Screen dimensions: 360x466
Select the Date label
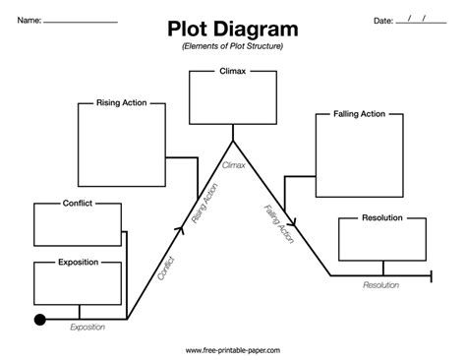click(383, 20)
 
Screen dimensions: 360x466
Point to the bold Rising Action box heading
click(121, 101)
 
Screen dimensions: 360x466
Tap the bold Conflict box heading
click(78, 206)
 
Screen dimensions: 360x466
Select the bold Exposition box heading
click(78, 262)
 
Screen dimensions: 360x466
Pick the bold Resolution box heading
click(381, 217)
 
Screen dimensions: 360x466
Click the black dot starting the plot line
click(40, 319)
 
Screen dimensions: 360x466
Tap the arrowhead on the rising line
click(180, 228)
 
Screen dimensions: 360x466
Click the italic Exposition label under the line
click(88, 329)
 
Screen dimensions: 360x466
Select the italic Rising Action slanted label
click(206, 206)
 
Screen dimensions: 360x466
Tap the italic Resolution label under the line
click(381, 284)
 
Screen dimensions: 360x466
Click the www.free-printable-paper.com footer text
click(232, 349)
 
